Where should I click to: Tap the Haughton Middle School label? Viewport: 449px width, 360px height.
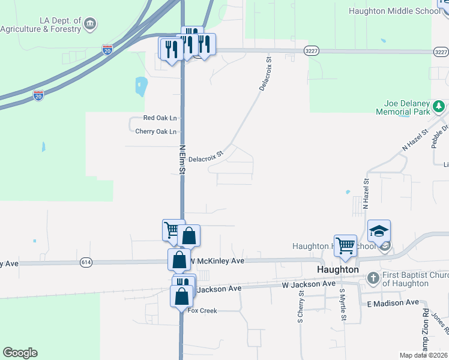coord(399,11)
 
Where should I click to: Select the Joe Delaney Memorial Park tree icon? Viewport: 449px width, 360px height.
coord(439,106)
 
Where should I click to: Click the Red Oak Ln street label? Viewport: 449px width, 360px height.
coord(160,119)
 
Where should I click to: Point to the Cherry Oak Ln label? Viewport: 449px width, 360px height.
coord(157,131)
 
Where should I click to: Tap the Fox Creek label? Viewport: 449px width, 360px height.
coord(202,311)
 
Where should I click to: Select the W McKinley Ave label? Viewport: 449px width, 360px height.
coord(217,261)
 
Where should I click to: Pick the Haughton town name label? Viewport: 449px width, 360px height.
coord(338,269)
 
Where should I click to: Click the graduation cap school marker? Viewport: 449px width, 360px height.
coord(379,231)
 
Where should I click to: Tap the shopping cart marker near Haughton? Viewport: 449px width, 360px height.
coord(345,245)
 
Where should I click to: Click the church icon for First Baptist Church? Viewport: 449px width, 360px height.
coord(373,278)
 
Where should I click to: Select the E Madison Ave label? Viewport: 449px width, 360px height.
coord(393,304)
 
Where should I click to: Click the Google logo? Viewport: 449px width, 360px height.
coord(20,353)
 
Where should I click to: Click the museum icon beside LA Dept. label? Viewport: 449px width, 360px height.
coord(90,24)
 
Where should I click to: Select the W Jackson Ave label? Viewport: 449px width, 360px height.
coord(309,284)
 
